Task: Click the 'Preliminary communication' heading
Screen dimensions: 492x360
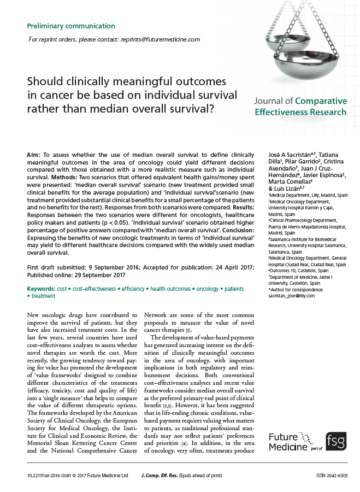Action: [x=71, y=26]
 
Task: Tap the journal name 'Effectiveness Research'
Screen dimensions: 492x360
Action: [x=300, y=112]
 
